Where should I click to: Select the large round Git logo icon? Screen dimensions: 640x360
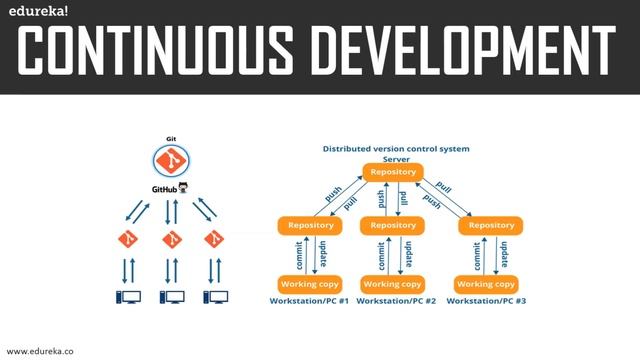point(171,159)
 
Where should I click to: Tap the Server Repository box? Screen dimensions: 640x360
point(393,172)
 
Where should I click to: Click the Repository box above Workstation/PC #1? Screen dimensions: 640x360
point(310,225)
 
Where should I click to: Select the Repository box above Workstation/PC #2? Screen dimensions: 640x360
point(393,225)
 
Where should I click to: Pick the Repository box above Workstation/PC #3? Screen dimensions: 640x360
point(491,225)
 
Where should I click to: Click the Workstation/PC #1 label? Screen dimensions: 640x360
point(309,301)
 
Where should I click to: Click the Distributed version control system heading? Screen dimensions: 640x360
point(396,148)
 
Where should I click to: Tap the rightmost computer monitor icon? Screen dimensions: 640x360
point(214,297)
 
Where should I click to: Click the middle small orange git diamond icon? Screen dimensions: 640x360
point(171,240)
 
